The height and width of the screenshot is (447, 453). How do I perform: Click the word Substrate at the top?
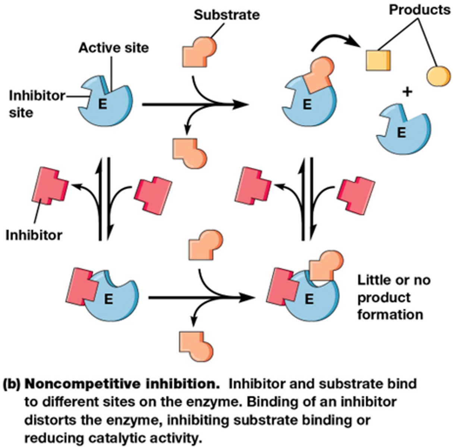pyautogui.click(x=226, y=15)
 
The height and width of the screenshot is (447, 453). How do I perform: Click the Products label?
pyautogui.click(x=419, y=10)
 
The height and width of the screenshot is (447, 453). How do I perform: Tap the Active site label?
pyautogui.click(x=113, y=48)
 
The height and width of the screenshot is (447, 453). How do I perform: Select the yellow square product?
pyautogui.click(x=377, y=60)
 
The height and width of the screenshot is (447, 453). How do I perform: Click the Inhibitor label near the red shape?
pyautogui.click(x=34, y=235)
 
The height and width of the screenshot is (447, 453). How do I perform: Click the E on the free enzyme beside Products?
pyautogui.click(x=401, y=132)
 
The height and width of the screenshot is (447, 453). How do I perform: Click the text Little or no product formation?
pyautogui.click(x=391, y=297)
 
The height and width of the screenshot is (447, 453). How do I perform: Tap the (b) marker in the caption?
pyautogui.click(x=13, y=384)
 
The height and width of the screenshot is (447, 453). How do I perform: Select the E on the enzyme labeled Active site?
pyautogui.click(x=102, y=105)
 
